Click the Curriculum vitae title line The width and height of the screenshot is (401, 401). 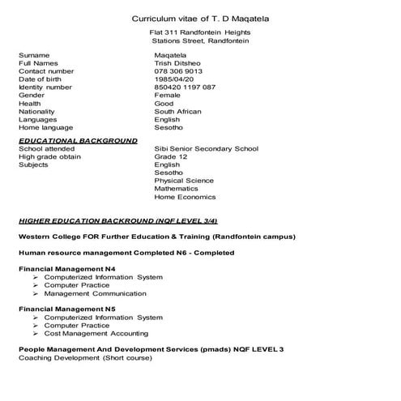(200, 18)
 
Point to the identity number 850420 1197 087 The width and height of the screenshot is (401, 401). (185, 87)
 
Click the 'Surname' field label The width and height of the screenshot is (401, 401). (33, 55)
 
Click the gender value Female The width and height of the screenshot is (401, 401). (167, 96)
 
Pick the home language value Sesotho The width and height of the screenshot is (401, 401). (169, 128)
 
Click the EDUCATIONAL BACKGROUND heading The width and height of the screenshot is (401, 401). (78, 140)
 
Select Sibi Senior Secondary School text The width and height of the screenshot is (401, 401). (206, 149)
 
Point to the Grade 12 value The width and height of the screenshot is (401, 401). (170, 157)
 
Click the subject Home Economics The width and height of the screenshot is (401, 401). (185, 197)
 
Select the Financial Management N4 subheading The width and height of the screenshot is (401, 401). (66, 268)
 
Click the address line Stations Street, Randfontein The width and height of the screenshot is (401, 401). (200, 41)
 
